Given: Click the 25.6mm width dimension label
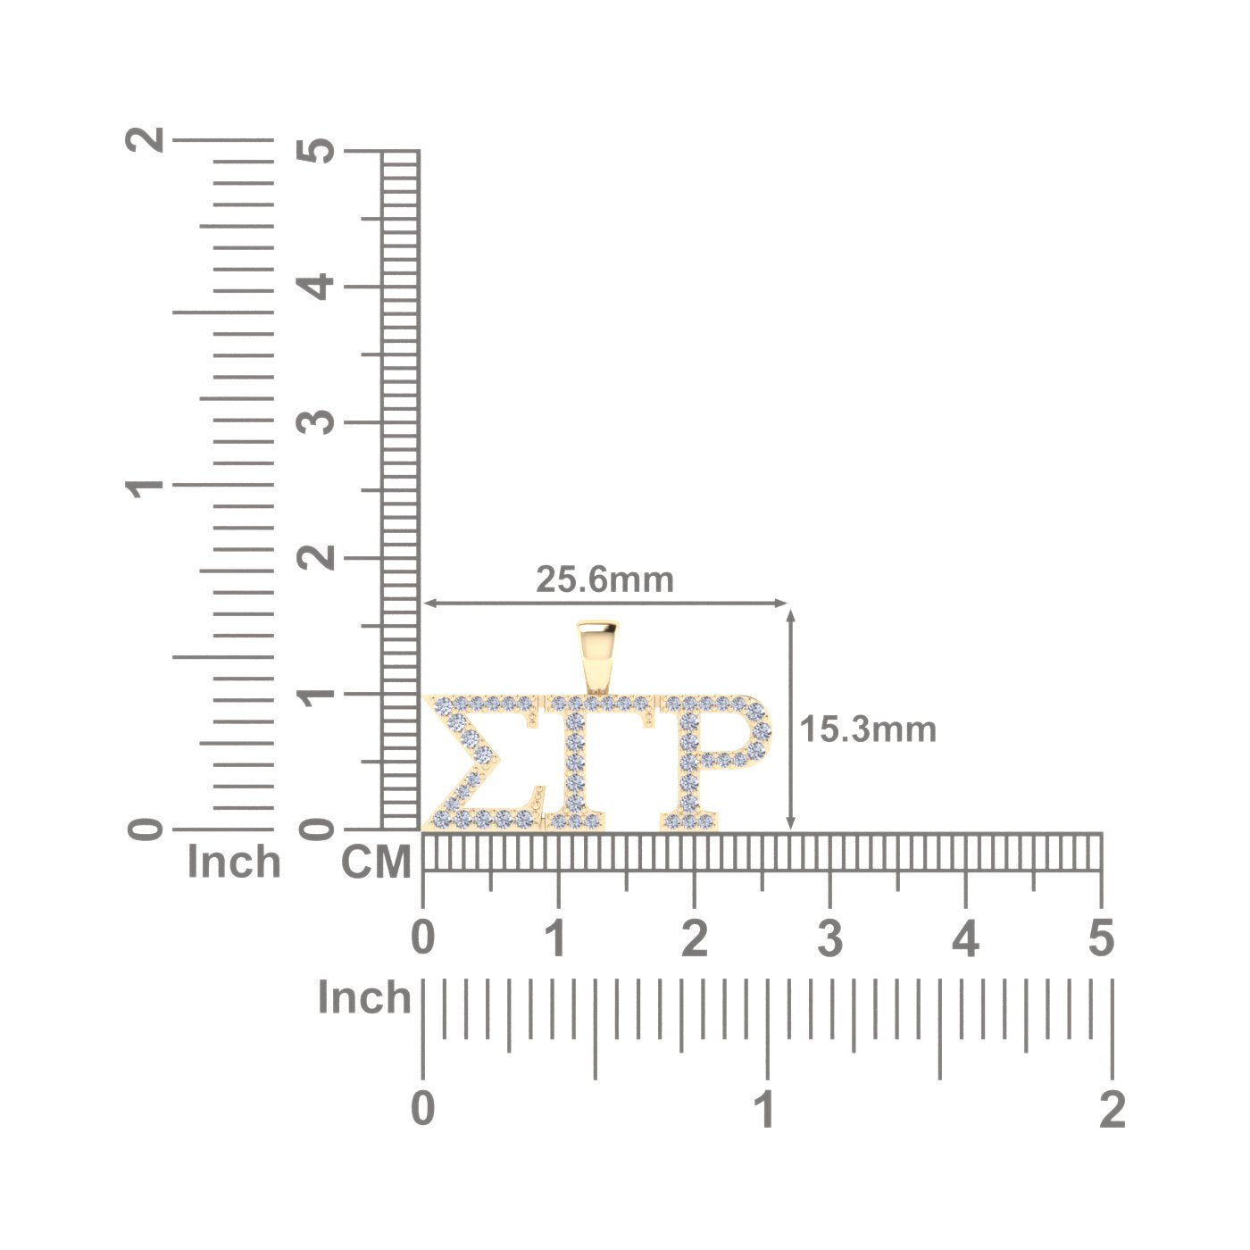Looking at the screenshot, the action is pyautogui.click(x=604, y=579).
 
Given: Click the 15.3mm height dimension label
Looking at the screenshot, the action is pyautogui.click(x=868, y=729).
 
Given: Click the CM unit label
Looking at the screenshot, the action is pyautogui.click(x=376, y=862).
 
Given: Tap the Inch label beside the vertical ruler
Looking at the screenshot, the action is pyautogui.click(x=234, y=862).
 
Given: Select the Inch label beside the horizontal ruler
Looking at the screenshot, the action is pyautogui.click(x=364, y=997).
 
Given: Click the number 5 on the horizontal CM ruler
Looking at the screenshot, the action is pyautogui.click(x=1101, y=938).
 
